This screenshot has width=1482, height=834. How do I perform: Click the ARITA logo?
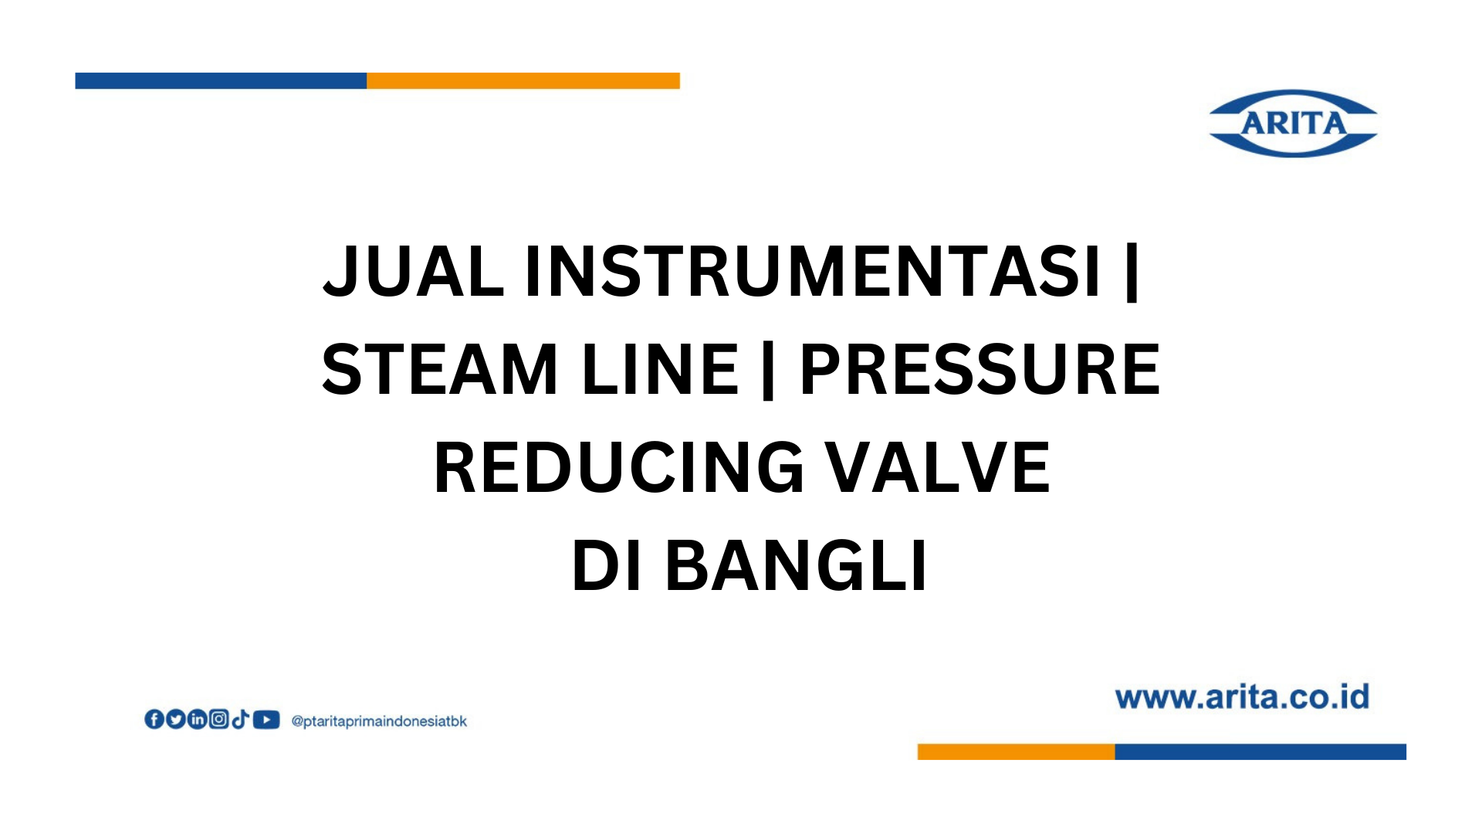[1293, 124]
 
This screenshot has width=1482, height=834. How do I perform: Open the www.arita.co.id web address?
[1242, 697]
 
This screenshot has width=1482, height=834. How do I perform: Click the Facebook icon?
[154, 720]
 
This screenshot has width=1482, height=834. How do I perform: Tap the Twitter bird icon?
[176, 720]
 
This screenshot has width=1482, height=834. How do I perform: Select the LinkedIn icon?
[198, 720]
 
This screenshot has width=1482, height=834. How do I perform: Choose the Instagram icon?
[219, 720]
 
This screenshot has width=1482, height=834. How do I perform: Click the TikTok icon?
[240, 720]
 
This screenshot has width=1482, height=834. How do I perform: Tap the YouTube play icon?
[266, 720]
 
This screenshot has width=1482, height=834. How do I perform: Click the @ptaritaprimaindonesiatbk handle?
[379, 721]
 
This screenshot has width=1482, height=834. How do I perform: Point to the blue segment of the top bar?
[221, 81]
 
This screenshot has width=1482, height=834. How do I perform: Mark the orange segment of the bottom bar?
[1016, 752]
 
